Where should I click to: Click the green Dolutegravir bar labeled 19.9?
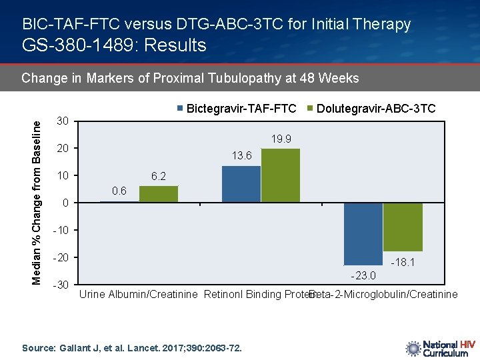click(281, 175)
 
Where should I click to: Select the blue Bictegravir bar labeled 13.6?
click(241, 184)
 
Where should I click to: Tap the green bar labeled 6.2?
click(159, 194)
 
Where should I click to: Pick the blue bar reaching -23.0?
click(363, 234)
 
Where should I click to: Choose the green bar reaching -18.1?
click(403, 227)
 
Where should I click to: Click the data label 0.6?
click(119, 191)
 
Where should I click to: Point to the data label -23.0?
click(363, 275)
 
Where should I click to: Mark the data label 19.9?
click(281, 139)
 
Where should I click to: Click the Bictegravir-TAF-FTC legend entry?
click(237, 108)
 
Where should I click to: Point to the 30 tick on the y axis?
click(62, 121)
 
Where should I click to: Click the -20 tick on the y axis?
click(61, 258)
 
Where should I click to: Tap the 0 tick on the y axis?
click(65, 203)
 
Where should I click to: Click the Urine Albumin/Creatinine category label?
click(139, 295)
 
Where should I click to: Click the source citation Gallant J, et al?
click(132, 348)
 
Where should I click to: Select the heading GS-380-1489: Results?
click(115, 45)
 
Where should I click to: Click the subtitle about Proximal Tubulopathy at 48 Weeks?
click(190, 79)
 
